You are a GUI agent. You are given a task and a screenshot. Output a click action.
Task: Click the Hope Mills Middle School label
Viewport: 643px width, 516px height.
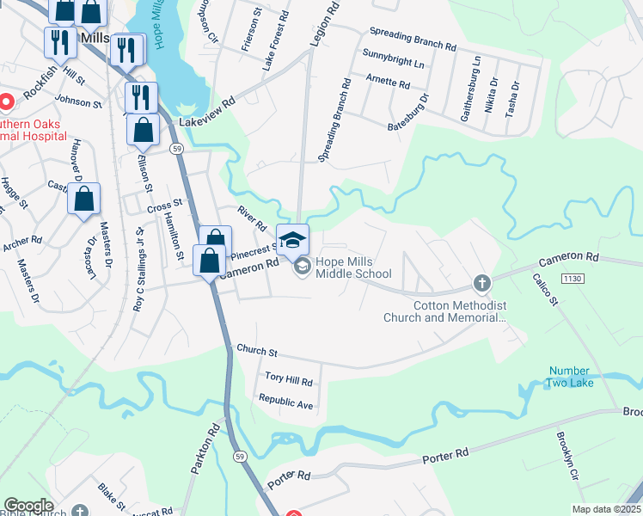[353, 267]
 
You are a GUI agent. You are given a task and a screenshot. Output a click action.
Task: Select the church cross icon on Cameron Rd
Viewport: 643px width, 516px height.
[481, 282]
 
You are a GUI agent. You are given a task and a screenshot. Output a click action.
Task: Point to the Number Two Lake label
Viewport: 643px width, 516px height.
[570, 377]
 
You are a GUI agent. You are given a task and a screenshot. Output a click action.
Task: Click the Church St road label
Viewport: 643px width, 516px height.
[257, 353]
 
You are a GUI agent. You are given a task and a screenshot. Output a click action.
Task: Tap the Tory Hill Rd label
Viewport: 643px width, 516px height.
[288, 378]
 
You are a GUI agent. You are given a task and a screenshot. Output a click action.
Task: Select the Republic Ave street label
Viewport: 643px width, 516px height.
[286, 402]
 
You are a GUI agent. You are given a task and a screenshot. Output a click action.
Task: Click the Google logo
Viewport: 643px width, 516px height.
[28, 506]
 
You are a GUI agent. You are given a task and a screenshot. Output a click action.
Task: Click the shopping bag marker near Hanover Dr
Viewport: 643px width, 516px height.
[84, 199]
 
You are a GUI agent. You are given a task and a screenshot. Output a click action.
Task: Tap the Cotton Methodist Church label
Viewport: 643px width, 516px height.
[460, 311]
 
